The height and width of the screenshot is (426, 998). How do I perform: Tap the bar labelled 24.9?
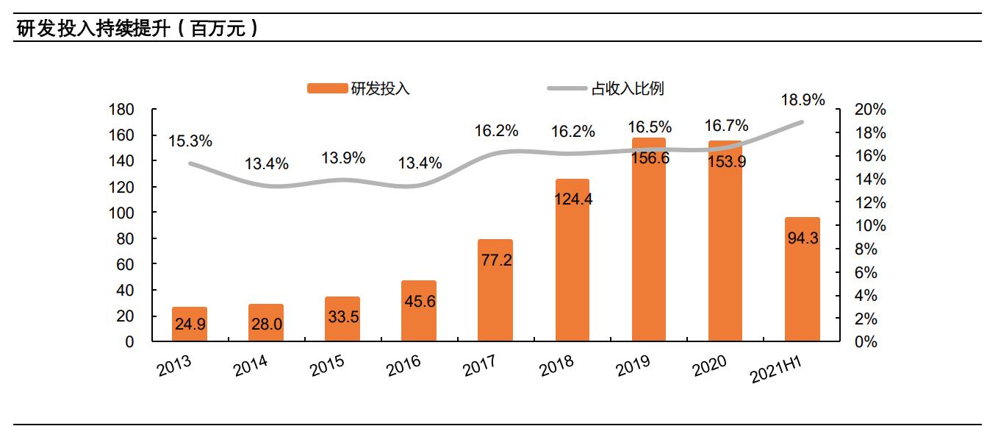click(x=189, y=324)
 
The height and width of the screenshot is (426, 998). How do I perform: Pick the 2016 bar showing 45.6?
click(x=418, y=311)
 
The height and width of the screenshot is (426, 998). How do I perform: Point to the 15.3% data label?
click(x=190, y=140)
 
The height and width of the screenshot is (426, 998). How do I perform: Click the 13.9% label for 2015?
click(x=343, y=158)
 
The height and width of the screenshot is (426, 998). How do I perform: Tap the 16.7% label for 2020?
click(x=725, y=124)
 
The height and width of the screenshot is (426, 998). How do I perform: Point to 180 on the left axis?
click(x=122, y=110)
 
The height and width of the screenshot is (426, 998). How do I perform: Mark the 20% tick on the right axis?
click(x=871, y=110)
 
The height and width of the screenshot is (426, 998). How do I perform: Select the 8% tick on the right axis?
click(x=866, y=249)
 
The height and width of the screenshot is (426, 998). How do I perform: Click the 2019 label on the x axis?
click(x=634, y=366)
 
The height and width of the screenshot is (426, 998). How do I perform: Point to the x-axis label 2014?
click(x=251, y=366)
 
